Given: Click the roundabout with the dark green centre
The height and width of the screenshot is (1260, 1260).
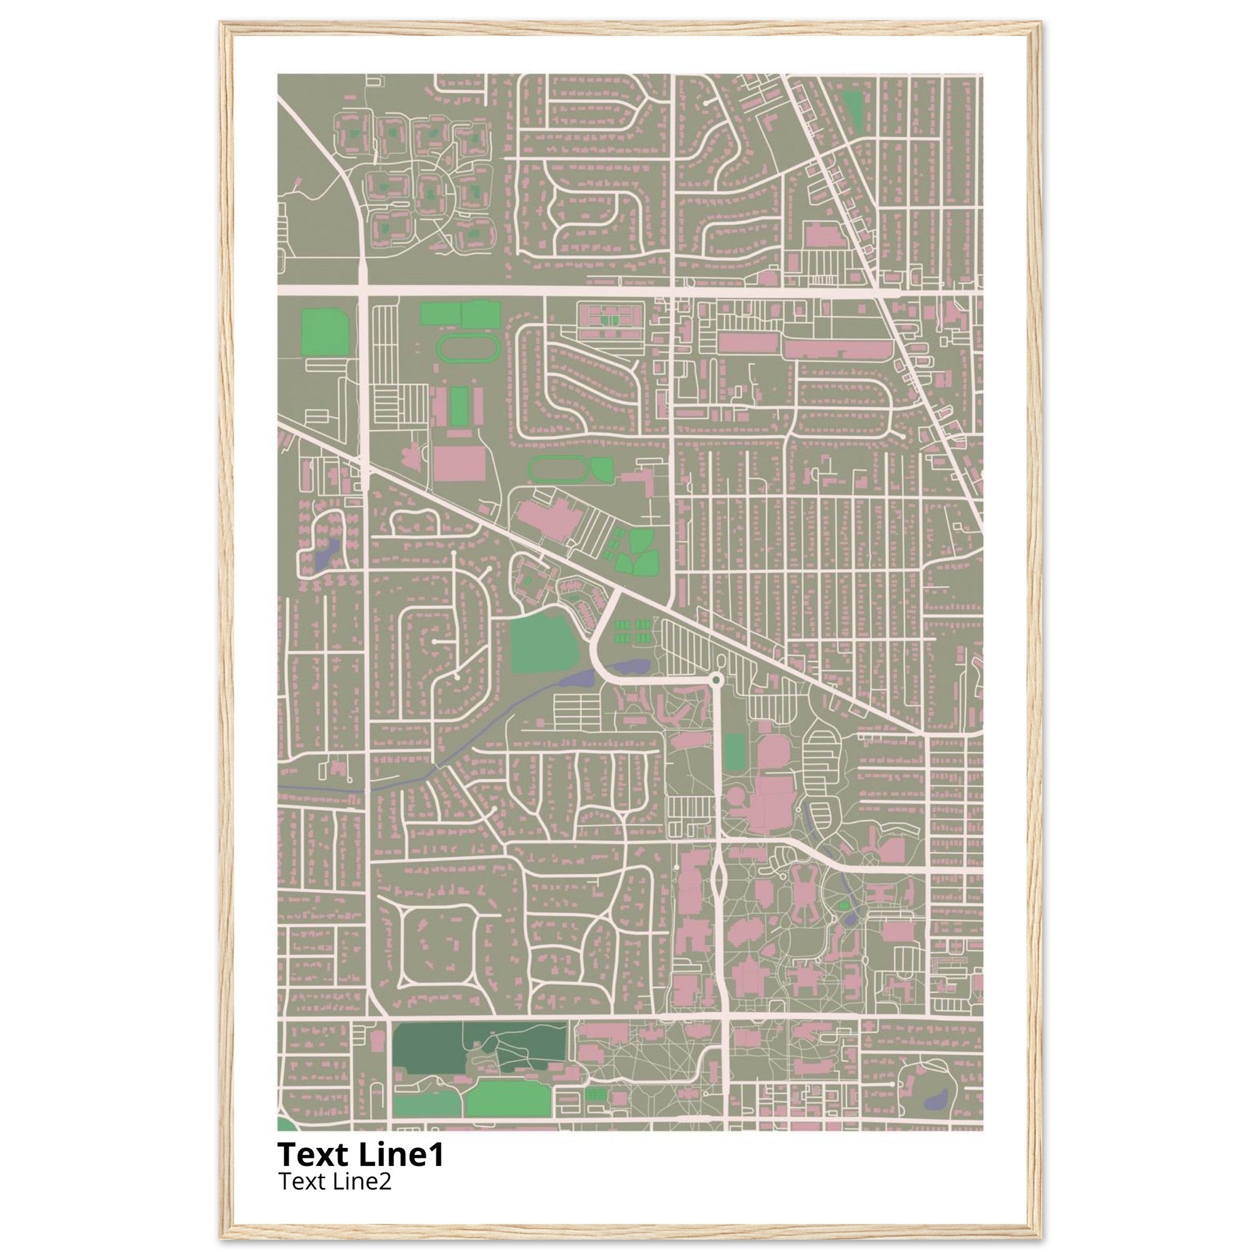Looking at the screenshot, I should point(717,680).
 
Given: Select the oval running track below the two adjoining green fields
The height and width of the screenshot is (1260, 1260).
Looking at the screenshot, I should point(467,348).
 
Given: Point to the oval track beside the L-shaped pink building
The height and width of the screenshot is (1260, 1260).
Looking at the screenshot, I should point(557,468).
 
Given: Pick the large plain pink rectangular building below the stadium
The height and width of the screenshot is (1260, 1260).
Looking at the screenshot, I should point(459,463).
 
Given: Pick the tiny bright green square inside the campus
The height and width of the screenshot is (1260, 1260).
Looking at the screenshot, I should point(843,906).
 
